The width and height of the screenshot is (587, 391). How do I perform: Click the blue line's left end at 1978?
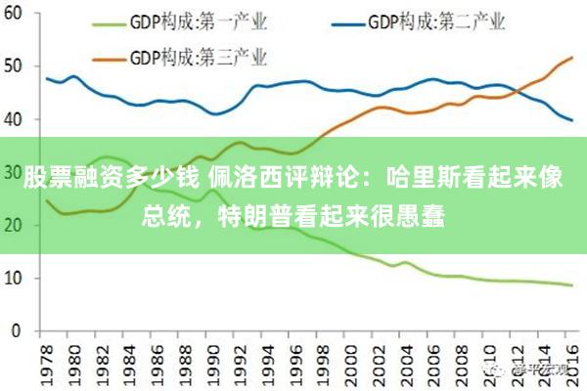[x=47, y=78]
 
